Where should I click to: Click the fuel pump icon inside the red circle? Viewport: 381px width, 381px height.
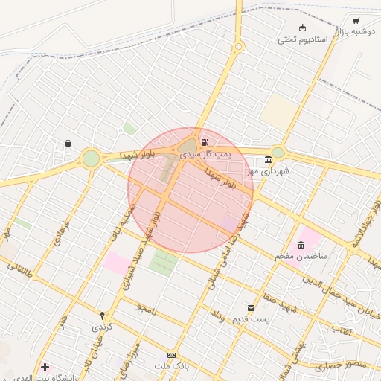click(x=204, y=141)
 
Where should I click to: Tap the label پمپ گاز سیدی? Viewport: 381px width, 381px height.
click(x=203, y=153)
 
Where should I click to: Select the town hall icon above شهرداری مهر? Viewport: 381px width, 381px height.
click(x=268, y=159)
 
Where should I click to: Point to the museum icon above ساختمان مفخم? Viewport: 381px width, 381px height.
click(x=301, y=245)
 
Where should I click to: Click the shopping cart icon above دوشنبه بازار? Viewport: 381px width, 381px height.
click(x=356, y=20)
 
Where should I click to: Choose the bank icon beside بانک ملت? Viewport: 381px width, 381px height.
click(x=172, y=356)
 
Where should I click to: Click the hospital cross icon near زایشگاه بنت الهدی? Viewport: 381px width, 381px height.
click(x=45, y=367)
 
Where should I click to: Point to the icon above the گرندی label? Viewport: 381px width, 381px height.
click(x=103, y=316)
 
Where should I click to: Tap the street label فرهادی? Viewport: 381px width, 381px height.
click(x=62, y=233)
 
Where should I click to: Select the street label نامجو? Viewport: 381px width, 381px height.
click(x=147, y=308)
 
